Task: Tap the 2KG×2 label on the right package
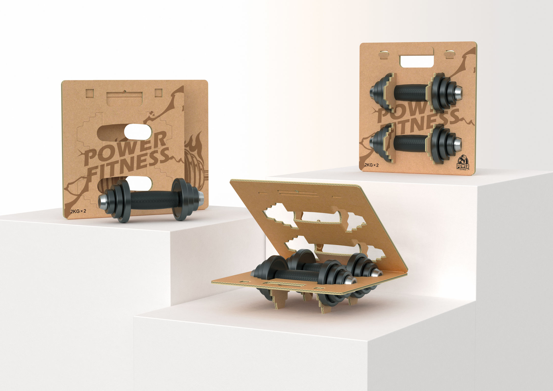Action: (x=371, y=165)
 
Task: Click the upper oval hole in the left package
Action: (x=138, y=132)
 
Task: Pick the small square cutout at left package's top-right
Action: (x=158, y=93)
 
